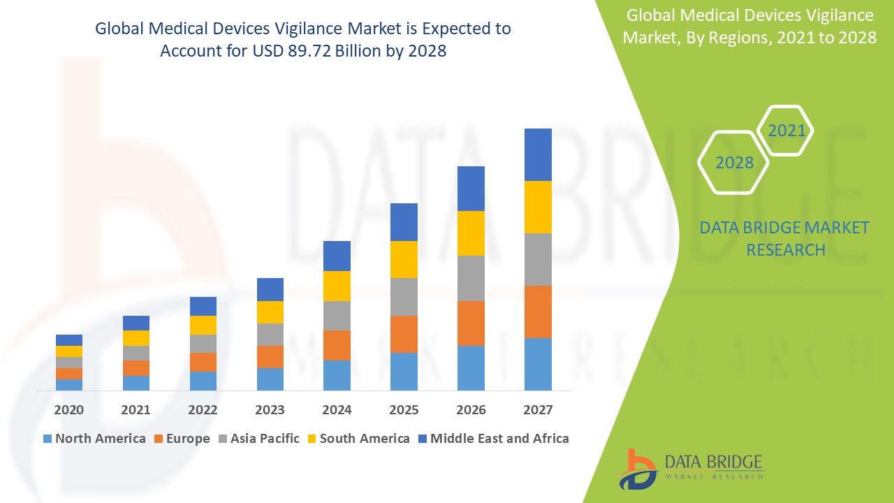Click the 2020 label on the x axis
click(69, 410)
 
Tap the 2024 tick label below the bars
click(337, 410)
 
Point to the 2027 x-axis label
click(538, 410)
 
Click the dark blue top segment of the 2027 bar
click(538, 154)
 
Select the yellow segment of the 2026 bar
click(471, 233)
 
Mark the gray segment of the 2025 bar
click(404, 297)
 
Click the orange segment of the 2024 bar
click(337, 345)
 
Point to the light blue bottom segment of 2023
click(270, 379)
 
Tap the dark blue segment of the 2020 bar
click(69, 340)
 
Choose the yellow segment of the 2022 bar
click(203, 325)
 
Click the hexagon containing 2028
click(734, 162)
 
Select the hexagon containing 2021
click(786, 131)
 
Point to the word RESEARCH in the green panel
click(786, 249)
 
